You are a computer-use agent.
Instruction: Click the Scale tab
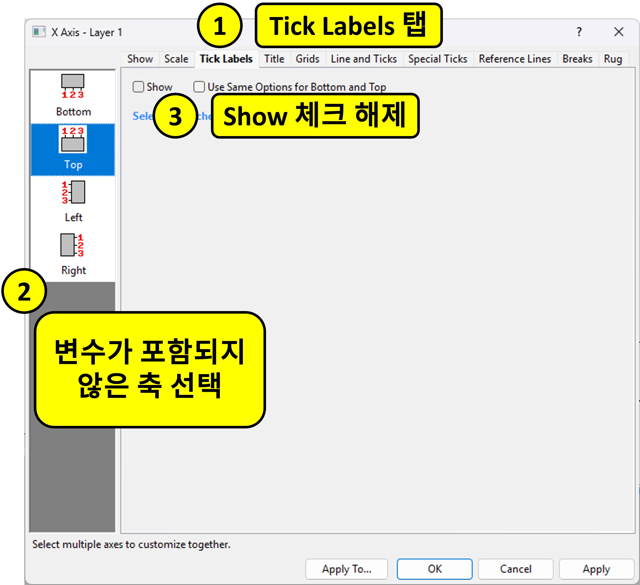(176, 59)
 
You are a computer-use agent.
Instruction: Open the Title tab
(274, 59)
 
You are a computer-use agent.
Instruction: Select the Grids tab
(307, 59)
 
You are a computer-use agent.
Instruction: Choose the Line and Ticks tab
(363, 59)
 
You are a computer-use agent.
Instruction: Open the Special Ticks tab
(438, 59)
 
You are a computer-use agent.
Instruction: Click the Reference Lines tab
(515, 59)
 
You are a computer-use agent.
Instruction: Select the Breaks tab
(577, 59)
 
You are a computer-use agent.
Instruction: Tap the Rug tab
(613, 59)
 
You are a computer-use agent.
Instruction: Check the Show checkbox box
(138, 87)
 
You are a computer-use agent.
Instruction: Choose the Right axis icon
(73, 245)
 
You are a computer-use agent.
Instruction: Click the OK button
(434, 569)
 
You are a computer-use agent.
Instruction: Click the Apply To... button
(346, 569)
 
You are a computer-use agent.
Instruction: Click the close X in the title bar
(618, 32)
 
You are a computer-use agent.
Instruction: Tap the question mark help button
(579, 32)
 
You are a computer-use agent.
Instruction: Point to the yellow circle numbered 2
(24, 291)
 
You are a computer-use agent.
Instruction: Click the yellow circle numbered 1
(220, 25)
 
